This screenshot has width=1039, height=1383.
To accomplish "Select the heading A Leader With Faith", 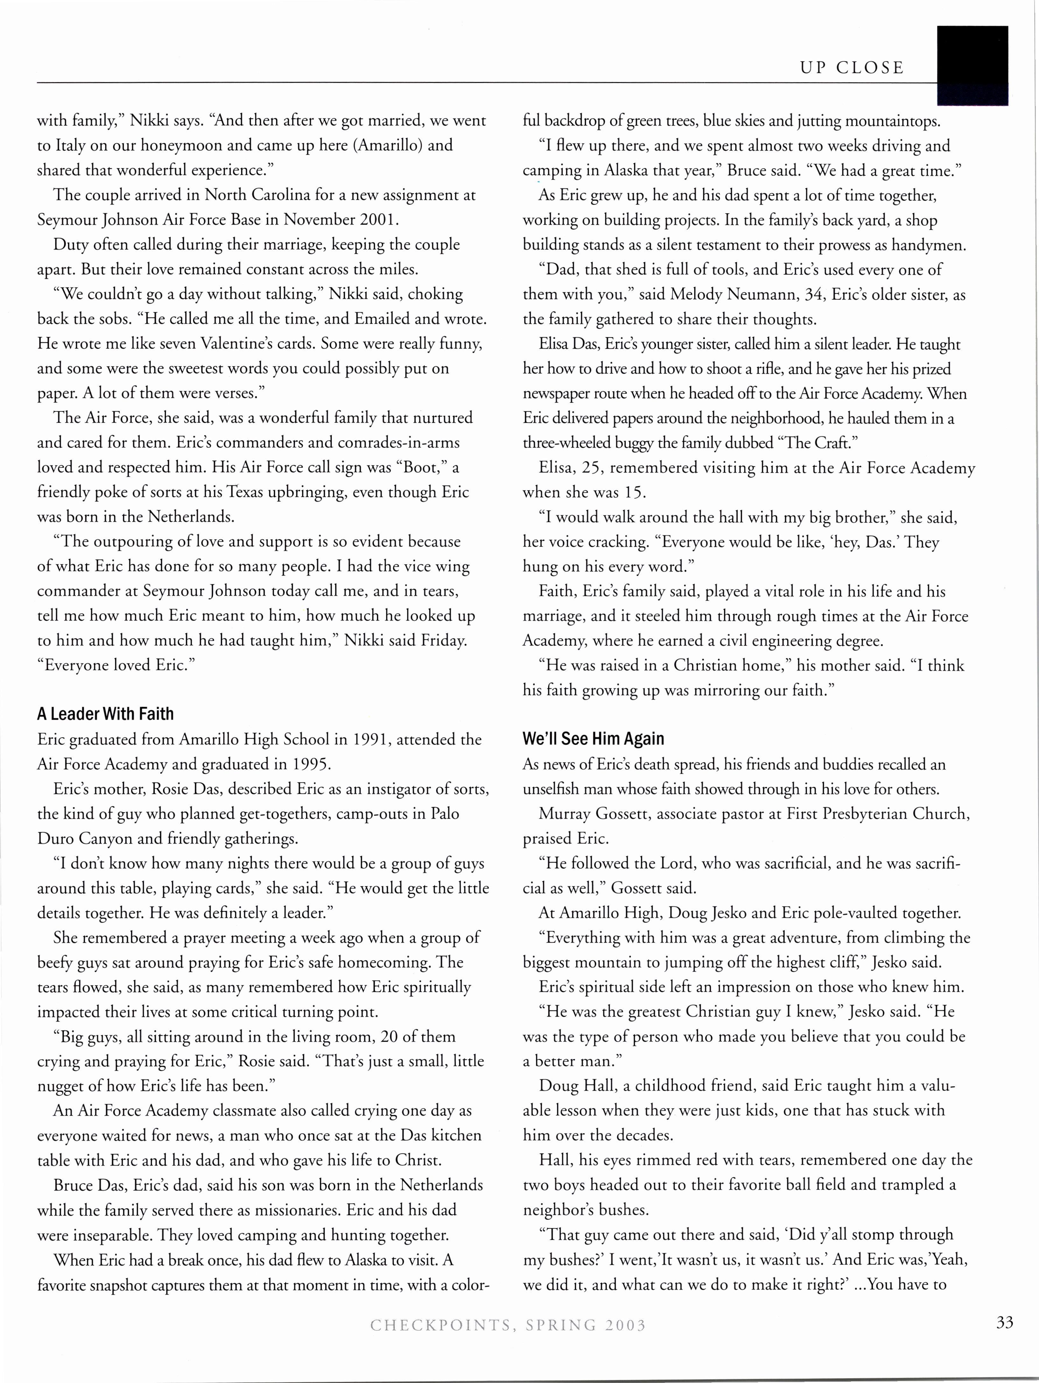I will (x=105, y=714).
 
